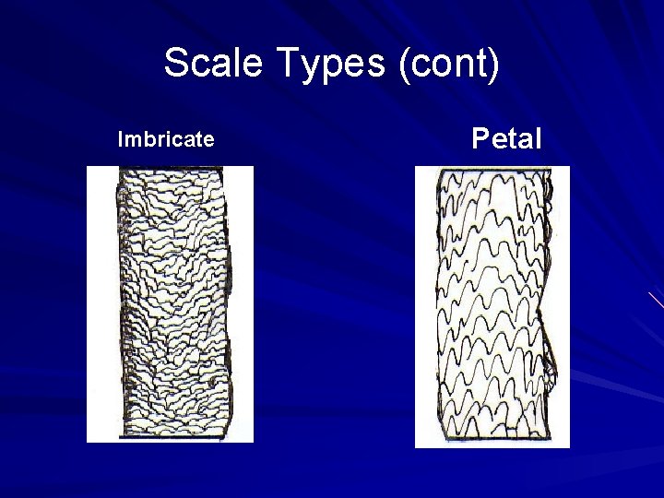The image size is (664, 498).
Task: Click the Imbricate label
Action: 166,139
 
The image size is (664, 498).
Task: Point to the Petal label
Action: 506,139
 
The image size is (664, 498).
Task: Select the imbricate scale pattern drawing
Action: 171,304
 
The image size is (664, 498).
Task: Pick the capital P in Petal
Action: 480,139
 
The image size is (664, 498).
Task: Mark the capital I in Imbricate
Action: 121,139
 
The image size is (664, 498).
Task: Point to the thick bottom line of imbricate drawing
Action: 171,436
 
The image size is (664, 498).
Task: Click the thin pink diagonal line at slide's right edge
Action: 656,300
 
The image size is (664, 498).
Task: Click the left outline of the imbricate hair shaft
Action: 118,304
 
